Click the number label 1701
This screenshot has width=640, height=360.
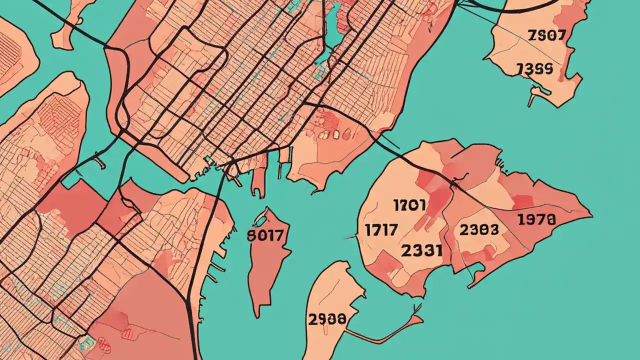point(409,205)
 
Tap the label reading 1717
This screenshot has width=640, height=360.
point(381,230)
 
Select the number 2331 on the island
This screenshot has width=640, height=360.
point(422,250)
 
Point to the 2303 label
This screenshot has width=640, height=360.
point(478,229)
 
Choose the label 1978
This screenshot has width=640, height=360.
point(536,219)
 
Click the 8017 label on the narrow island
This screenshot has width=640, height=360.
point(265,235)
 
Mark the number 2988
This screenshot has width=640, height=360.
point(327,318)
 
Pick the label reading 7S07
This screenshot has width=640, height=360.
point(546,35)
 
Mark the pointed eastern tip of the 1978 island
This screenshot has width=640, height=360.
point(591,216)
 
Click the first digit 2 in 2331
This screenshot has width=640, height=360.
point(406,250)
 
